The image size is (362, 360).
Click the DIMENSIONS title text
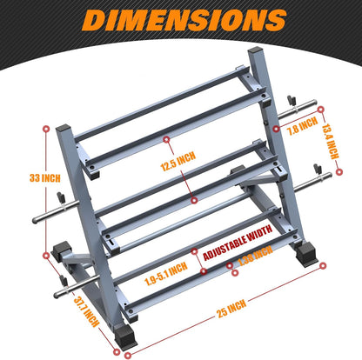click(x=180, y=19)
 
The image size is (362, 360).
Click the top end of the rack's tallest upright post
click(x=257, y=54)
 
